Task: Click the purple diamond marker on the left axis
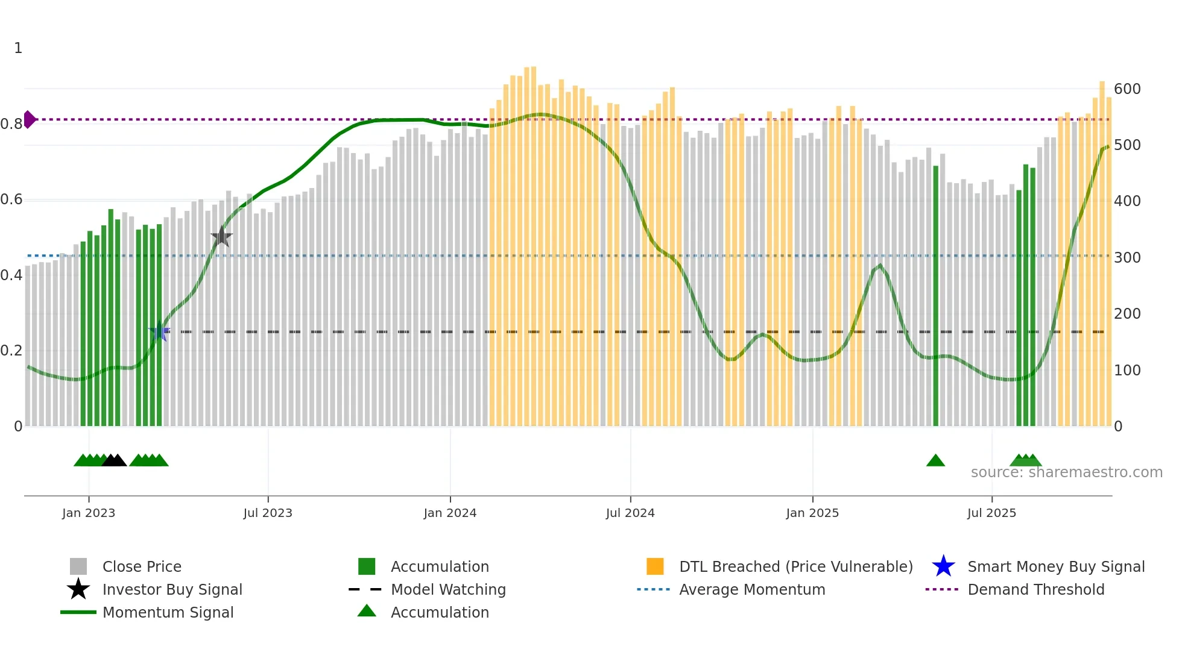[x=29, y=119]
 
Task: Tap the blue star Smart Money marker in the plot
[x=159, y=331]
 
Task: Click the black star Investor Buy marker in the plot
[x=222, y=236]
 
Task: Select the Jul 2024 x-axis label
[x=630, y=513]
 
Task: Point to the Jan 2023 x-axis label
[x=89, y=513]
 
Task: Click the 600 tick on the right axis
[x=1127, y=89]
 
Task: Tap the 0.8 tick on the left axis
[x=11, y=124]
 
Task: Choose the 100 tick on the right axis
[x=1127, y=371]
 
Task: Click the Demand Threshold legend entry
[x=1035, y=589]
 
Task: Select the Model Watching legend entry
[x=447, y=589]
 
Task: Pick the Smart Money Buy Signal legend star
[x=943, y=566]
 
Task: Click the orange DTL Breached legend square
[x=655, y=566]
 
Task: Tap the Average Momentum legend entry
[x=751, y=589]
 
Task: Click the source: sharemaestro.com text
[x=1066, y=472]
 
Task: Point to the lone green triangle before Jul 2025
[x=935, y=461]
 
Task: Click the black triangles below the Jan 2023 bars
[x=114, y=461]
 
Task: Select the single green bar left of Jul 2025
[x=936, y=295]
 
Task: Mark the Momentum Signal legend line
[x=78, y=612]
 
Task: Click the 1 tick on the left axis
[x=18, y=48]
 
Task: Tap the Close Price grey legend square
[x=78, y=566]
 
